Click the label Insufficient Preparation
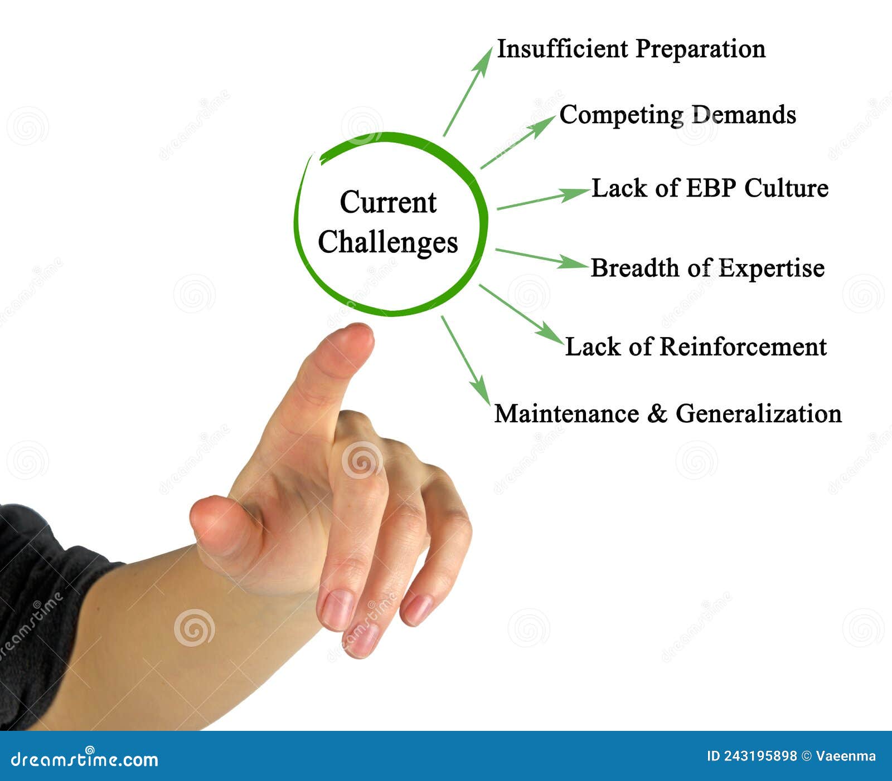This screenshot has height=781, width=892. (631, 49)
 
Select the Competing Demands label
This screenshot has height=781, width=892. (677, 115)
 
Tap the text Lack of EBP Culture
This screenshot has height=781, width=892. (709, 188)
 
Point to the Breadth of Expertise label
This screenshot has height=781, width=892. (707, 269)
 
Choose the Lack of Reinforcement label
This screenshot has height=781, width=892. (695, 347)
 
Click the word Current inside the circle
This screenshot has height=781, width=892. (388, 202)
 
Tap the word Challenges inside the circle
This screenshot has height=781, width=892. (388, 242)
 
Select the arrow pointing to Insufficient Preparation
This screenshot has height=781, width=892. (468, 92)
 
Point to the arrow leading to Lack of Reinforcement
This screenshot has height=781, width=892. (521, 314)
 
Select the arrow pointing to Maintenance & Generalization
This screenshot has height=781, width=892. (466, 360)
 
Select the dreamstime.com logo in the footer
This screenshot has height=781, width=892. (85, 759)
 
